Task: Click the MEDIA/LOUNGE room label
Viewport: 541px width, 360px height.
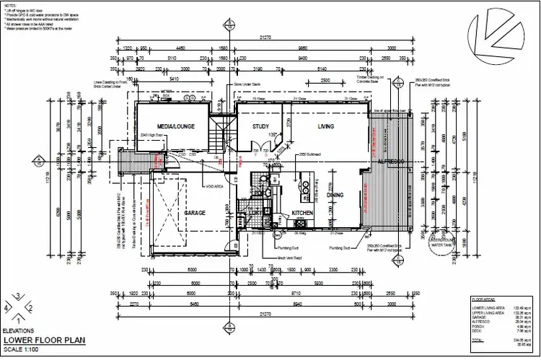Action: coord(172,127)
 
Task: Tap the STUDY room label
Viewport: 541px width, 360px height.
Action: coord(260,127)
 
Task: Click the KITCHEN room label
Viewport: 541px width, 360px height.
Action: coord(301,214)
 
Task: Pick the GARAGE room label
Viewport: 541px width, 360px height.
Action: coord(195,214)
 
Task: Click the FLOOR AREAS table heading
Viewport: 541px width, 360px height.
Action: coord(482,297)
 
